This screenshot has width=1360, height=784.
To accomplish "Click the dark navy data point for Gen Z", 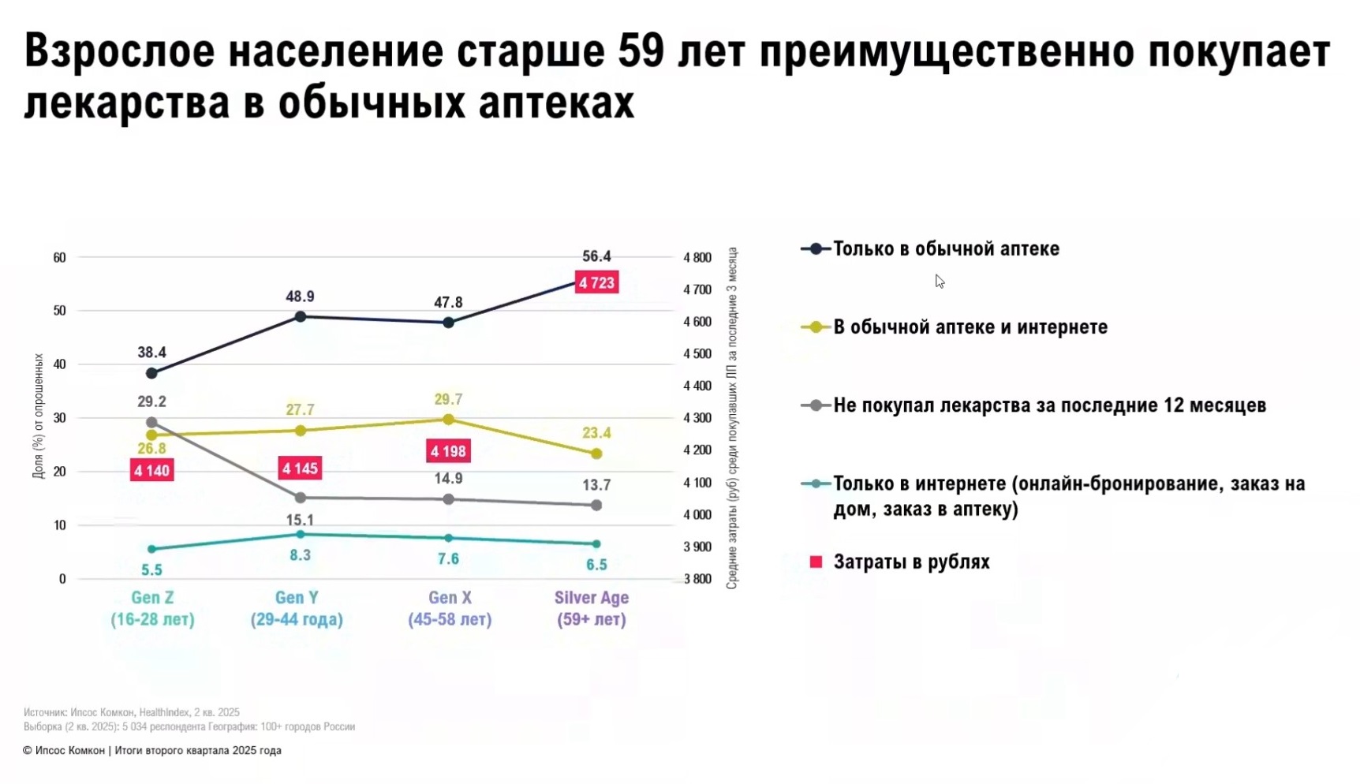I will [x=151, y=373].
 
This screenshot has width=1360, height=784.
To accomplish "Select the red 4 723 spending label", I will [x=596, y=282].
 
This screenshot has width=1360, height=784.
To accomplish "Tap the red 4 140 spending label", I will [x=151, y=471].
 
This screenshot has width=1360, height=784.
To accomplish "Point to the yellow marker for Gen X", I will [x=448, y=420].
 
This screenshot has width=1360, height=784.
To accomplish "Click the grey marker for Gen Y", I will [x=300, y=498].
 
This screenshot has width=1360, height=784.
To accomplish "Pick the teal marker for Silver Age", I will [x=596, y=544].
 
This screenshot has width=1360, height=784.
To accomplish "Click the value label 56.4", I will [x=596, y=256].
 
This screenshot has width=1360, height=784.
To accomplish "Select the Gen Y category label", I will [x=297, y=608].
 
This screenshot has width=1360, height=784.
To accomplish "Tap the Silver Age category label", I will [x=592, y=608].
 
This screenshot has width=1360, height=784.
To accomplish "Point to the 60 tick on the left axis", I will [x=59, y=257].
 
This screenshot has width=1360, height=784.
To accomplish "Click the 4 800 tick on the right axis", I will [x=697, y=257].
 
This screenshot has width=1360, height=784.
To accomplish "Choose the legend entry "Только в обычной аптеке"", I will [x=945, y=249].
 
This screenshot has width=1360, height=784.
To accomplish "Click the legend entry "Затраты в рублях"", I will [x=911, y=562].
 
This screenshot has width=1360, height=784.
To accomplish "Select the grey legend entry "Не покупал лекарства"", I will [x=1049, y=405].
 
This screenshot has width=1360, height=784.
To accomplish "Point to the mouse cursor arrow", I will [x=939, y=281].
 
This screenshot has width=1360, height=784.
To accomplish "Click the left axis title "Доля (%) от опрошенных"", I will [x=38, y=416].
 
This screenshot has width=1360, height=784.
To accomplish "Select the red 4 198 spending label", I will [x=448, y=451].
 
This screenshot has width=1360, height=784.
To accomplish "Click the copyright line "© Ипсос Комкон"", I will [x=151, y=751].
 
